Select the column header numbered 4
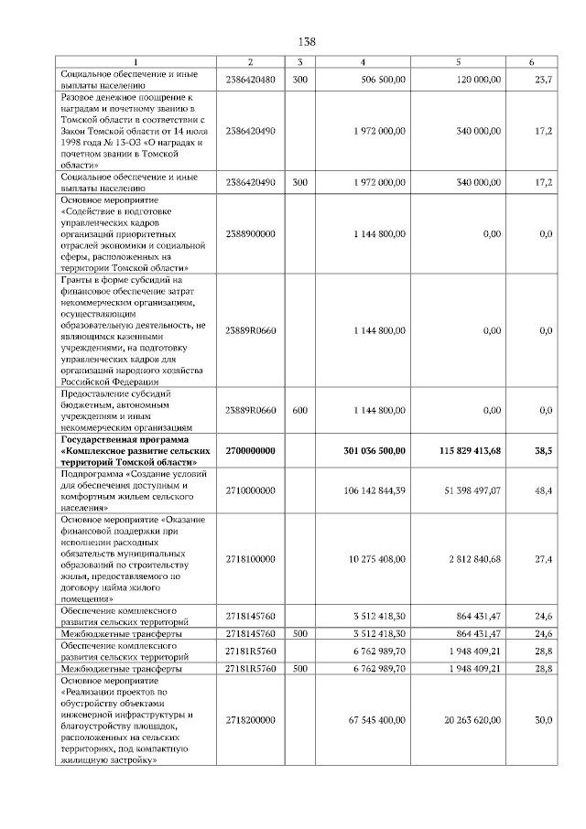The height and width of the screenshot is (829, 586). click(x=363, y=61)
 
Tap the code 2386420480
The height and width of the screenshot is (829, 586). click(x=250, y=81)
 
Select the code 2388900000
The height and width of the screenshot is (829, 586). click(x=250, y=234)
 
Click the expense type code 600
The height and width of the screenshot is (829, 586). click(x=299, y=411)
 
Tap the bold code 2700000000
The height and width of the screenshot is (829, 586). click(x=250, y=451)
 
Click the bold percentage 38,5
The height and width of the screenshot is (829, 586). click(x=543, y=451)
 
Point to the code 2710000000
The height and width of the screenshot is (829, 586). click(x=250, y=490)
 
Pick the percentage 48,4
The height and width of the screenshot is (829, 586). click(x=543, y=490)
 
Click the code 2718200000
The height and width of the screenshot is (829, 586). click(x=250, y=720)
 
